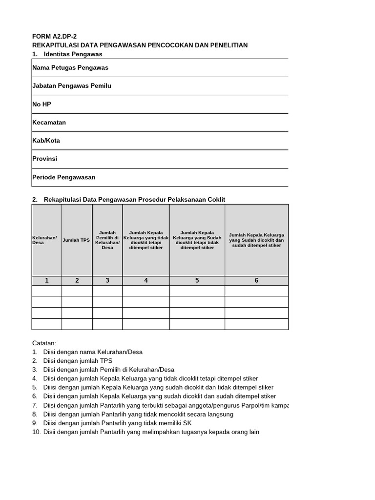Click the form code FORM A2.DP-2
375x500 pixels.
54,36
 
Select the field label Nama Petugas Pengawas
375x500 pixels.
70,68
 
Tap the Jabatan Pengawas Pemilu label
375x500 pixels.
71,86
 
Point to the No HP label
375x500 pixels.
42,104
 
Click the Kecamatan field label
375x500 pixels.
49,123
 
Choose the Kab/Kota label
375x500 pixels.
46,141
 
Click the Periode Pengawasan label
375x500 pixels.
63,177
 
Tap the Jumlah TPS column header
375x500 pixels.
77,240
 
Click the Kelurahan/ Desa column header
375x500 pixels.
44,240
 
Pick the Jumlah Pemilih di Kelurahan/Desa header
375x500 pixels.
107,240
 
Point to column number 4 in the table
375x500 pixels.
146,281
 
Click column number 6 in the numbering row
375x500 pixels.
256,281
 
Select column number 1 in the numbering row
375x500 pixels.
47,281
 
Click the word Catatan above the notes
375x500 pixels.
44,343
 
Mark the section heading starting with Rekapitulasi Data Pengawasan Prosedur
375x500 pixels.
134,199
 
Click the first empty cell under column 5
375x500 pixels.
197,291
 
